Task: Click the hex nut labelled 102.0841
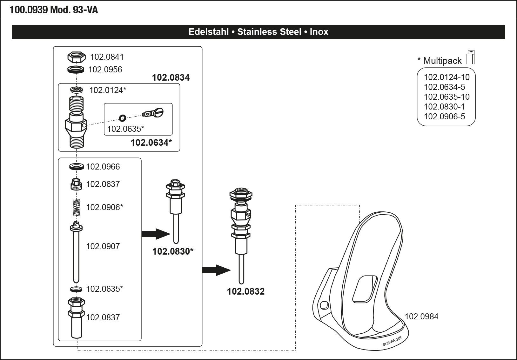pos(77,57)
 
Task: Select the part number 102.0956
pos(105,70)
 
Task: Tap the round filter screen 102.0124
pos(77,90)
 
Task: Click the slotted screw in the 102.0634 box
pos(153,113)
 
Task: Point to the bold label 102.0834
pos(171,77)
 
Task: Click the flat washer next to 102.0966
pos(77,166)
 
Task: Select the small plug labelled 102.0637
pos(76,184)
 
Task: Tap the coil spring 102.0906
pos(77,208)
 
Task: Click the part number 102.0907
pos(103,246)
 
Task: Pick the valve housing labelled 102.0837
pos(77,317)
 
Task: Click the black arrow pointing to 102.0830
pos(156,234)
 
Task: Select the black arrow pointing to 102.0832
pos(216,270)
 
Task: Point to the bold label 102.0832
pos(246,291)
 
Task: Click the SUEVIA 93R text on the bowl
pos(393,341)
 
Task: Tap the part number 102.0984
pos(422,317)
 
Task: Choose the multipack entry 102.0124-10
pos(447,77)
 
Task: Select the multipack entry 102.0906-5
pos(445,117)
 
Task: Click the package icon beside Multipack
pos(470,57)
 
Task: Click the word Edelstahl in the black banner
pos(209,32)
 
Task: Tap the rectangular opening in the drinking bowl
pos(365,289)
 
